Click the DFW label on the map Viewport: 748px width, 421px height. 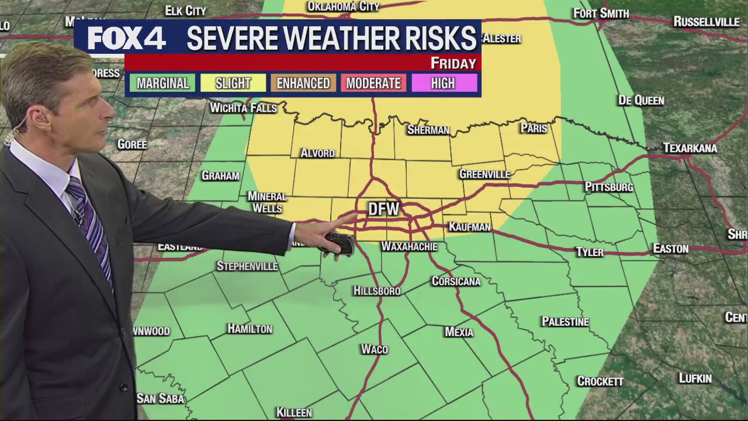(383, 209)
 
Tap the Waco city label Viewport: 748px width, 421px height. (375, 349)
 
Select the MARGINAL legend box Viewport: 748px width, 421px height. (162, 84)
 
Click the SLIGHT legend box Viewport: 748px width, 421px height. (233, 84)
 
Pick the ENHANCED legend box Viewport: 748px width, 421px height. (303, 84)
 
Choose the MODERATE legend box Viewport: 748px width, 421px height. (373, 84)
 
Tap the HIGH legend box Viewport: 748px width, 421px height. (443, 84)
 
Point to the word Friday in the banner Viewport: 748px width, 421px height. (453, 63)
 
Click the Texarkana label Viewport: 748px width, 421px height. (690, 148)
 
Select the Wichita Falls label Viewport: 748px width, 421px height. (243, 108)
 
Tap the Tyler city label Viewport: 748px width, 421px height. (589, 252)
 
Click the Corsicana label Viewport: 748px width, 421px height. (456, 281)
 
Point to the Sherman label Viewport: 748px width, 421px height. (428, 130)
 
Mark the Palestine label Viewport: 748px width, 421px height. (565, 322)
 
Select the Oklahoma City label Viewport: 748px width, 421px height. (343, 6)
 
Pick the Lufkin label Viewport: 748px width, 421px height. (695, 378)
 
